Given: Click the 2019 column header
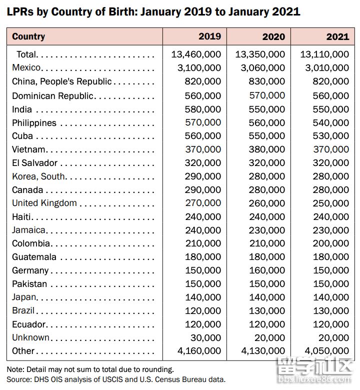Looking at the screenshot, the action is [209, 36].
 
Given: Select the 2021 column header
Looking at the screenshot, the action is [337, 37].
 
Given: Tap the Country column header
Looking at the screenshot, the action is [28, 36].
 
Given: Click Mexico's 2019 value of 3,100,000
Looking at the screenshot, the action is [199, 68].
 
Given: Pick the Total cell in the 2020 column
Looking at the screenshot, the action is [260, 54].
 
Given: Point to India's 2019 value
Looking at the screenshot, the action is [203, 109].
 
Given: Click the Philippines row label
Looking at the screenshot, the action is [34, 123].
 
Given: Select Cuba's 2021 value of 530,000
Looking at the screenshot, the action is [331, 136].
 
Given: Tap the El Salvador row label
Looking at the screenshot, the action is [35, 163].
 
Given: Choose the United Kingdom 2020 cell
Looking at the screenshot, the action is [266, 203].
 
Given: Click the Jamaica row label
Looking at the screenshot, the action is [28, 230].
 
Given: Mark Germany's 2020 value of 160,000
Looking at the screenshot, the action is [267, 270].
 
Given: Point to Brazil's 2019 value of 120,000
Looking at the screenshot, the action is [203, 311].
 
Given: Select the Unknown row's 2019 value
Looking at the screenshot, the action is [205, 338].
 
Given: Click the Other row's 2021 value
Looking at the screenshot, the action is [327, 351].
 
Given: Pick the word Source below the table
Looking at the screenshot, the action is [18, 379].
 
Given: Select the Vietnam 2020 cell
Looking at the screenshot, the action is [266, 149].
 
